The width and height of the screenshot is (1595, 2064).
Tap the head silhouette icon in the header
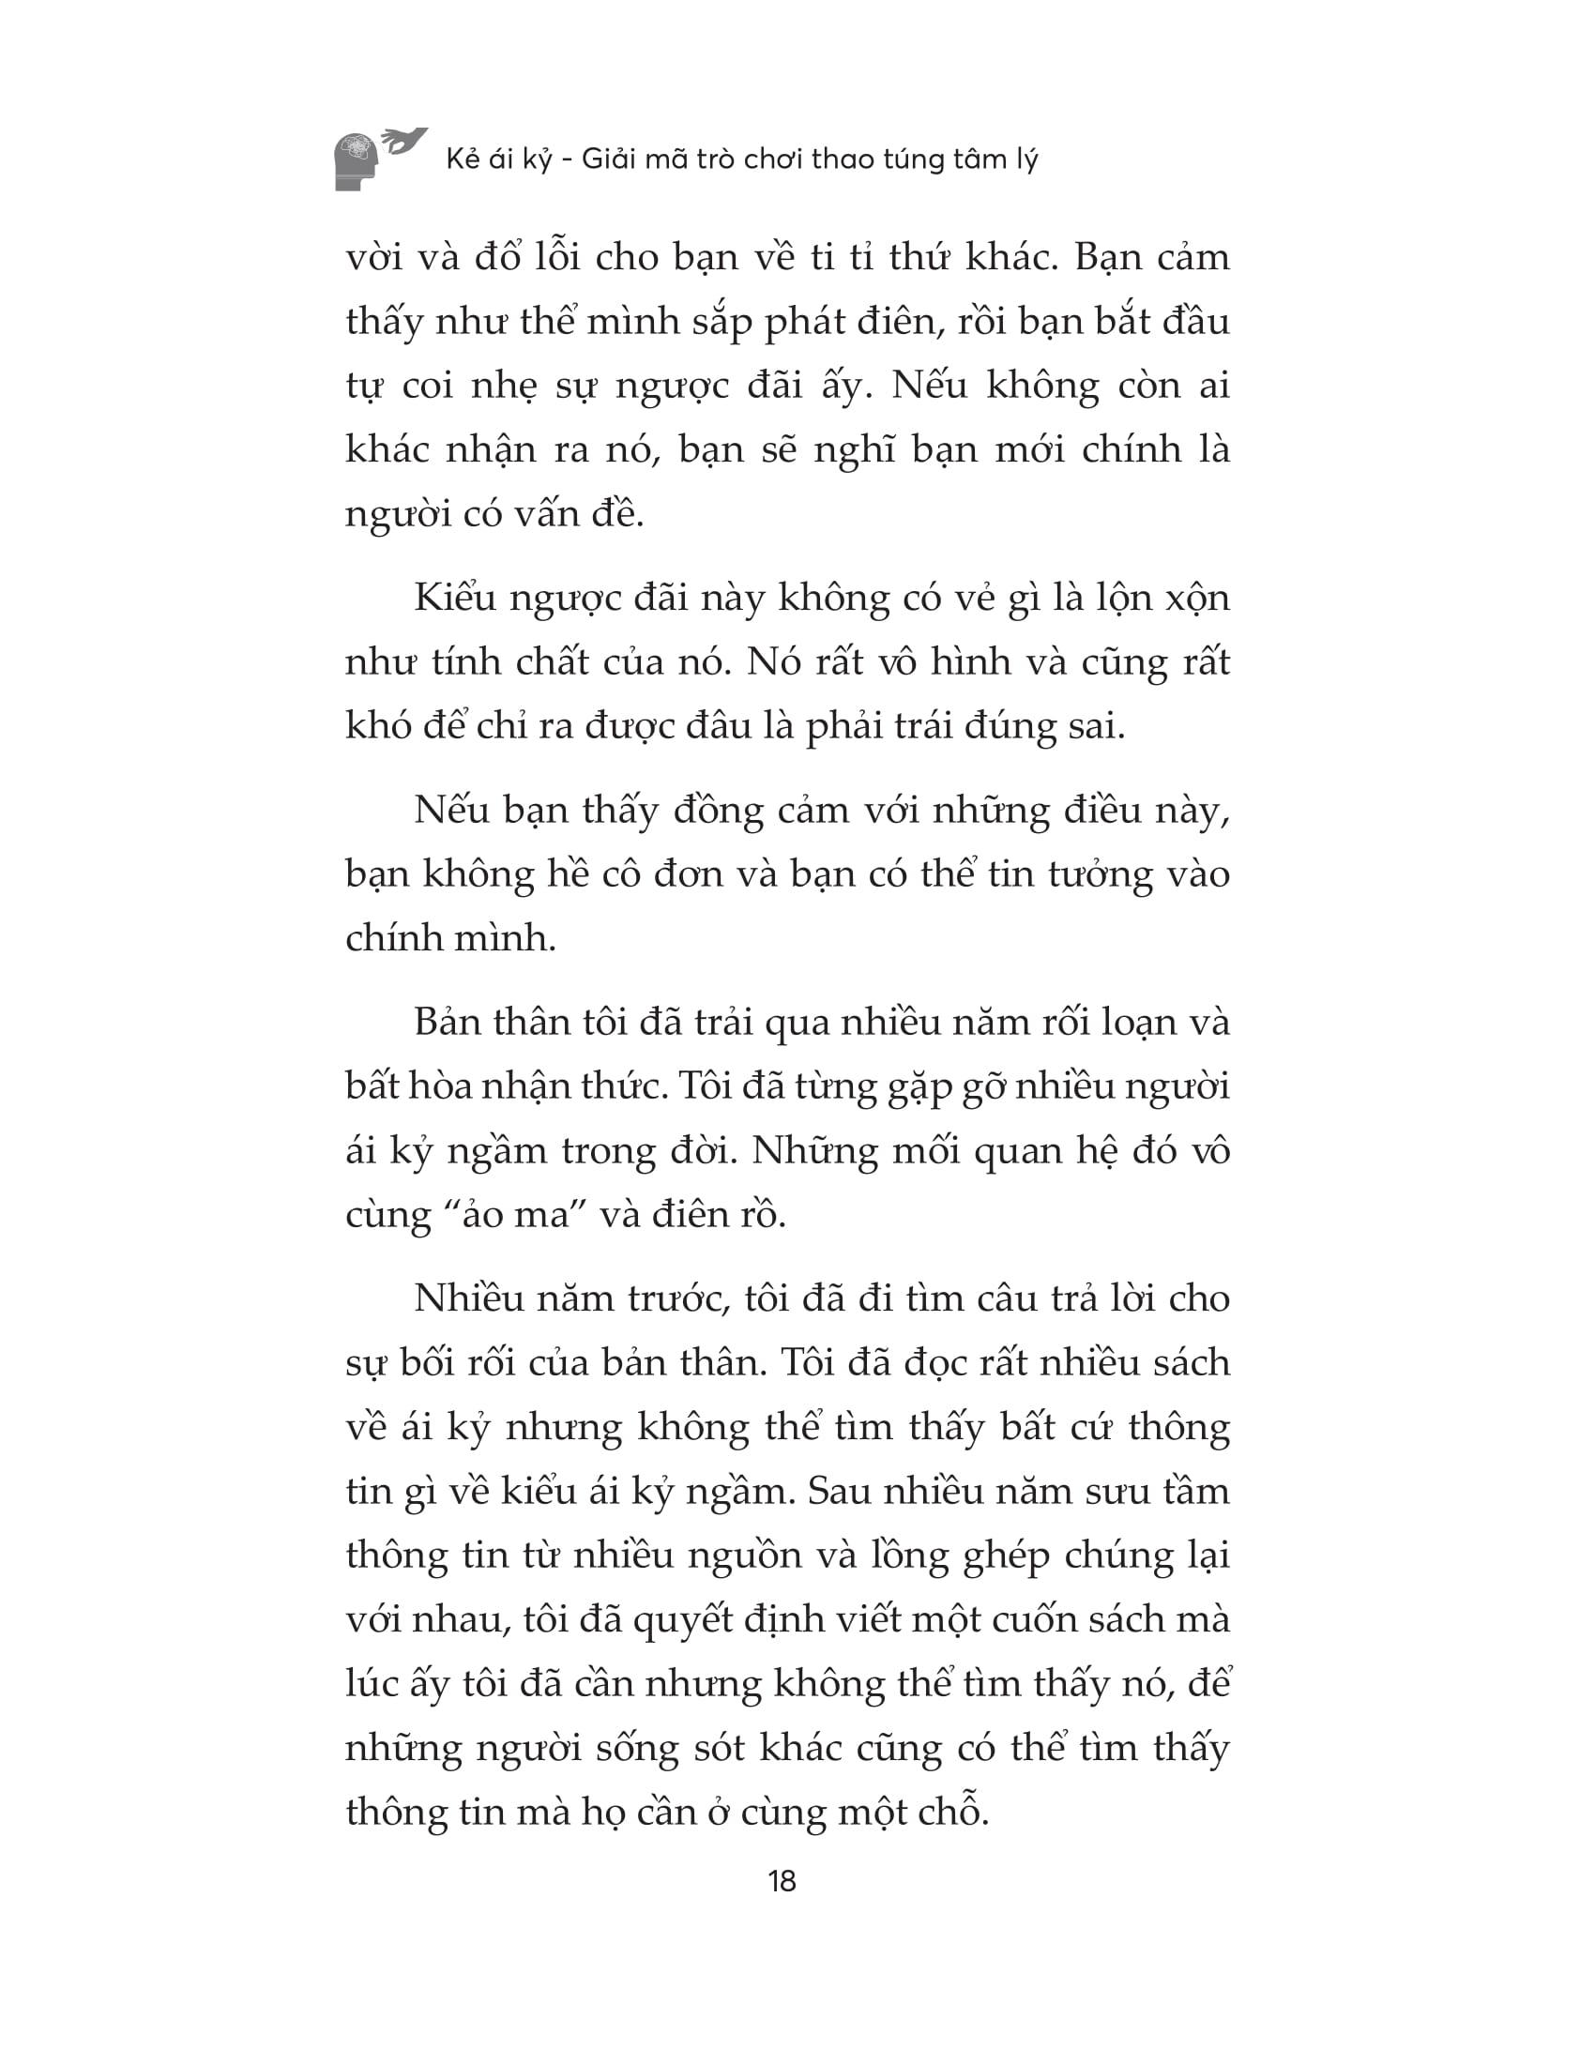click(x=357, y=161)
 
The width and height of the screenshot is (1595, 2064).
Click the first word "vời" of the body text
click(x=375, y=258)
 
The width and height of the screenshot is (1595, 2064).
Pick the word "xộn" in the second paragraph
click(x=1194, y=599)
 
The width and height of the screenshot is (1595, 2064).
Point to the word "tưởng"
click(x=1100, y=876)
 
